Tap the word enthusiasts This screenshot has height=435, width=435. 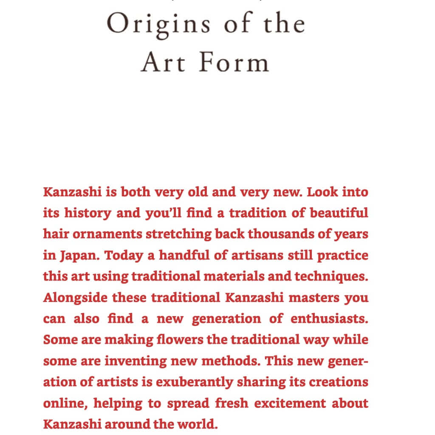[x=329, y=319]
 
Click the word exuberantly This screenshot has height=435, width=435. [x=193, y=382]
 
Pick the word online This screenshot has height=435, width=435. [x=64, y=403]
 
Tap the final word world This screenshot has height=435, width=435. [x=201, y=424]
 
